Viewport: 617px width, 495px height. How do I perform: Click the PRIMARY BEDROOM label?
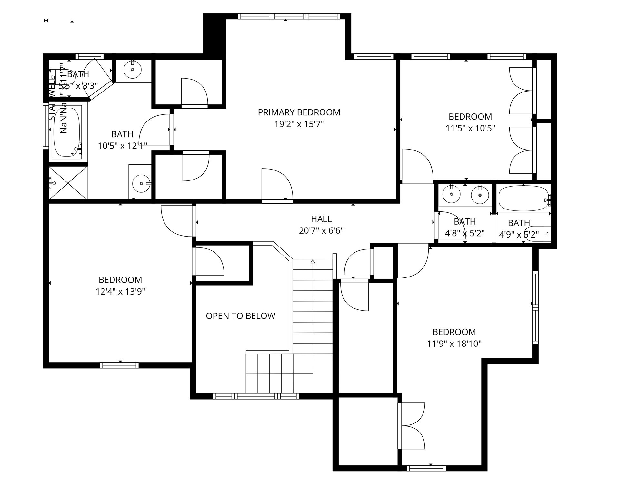pos(299,112)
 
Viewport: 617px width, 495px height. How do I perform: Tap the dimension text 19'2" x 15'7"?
pos(299,124)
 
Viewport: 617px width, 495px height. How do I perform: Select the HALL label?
pos(321,219)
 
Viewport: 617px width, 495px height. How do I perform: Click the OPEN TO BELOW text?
pos(240,316)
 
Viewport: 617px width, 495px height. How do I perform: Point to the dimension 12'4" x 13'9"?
pos(120,292)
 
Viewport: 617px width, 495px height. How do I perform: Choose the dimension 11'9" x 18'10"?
pos(454,344)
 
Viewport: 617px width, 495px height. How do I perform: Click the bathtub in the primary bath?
pos(66,132)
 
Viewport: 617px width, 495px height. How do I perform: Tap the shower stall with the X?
pos(68,183)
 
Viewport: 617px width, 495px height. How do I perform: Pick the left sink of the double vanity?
pos(451,194)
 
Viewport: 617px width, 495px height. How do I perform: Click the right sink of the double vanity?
pos(479,195)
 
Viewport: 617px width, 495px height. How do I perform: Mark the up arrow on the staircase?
pos(312,262)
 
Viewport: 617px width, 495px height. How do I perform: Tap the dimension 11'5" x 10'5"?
pos(470,128)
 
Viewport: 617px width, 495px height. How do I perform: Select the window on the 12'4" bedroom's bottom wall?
pos(119,365)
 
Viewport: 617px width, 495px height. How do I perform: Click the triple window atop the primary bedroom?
pos(289,16)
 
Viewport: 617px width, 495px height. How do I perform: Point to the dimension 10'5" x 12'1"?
pos(122,146)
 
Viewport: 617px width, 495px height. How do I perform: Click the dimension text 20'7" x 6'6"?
pos(321,231)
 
